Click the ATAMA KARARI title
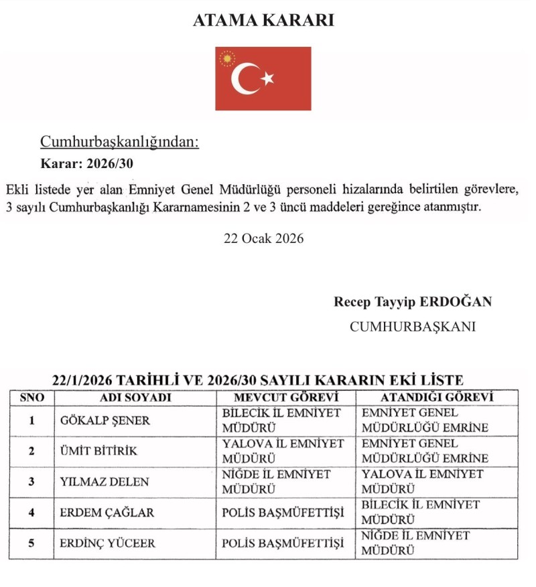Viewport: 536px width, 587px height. pos(263,21)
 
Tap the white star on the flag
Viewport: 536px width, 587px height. pos(268,78)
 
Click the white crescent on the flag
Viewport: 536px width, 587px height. pos(244,79)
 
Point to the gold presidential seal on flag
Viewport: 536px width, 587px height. pos(229,59)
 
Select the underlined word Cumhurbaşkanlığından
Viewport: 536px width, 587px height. pos(120,142)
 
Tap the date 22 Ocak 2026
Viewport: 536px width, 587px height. pos(263,238)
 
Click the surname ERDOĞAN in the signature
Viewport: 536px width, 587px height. pos(456,301)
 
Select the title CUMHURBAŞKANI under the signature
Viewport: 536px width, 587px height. pos(413,327)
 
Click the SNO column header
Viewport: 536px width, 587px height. pos(32,397)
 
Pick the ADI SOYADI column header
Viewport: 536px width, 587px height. pos(135,397)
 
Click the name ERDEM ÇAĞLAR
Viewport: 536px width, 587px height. pos(107,513)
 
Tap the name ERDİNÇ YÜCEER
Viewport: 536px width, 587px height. pos(107,543)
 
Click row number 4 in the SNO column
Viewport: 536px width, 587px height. pos(31,513)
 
